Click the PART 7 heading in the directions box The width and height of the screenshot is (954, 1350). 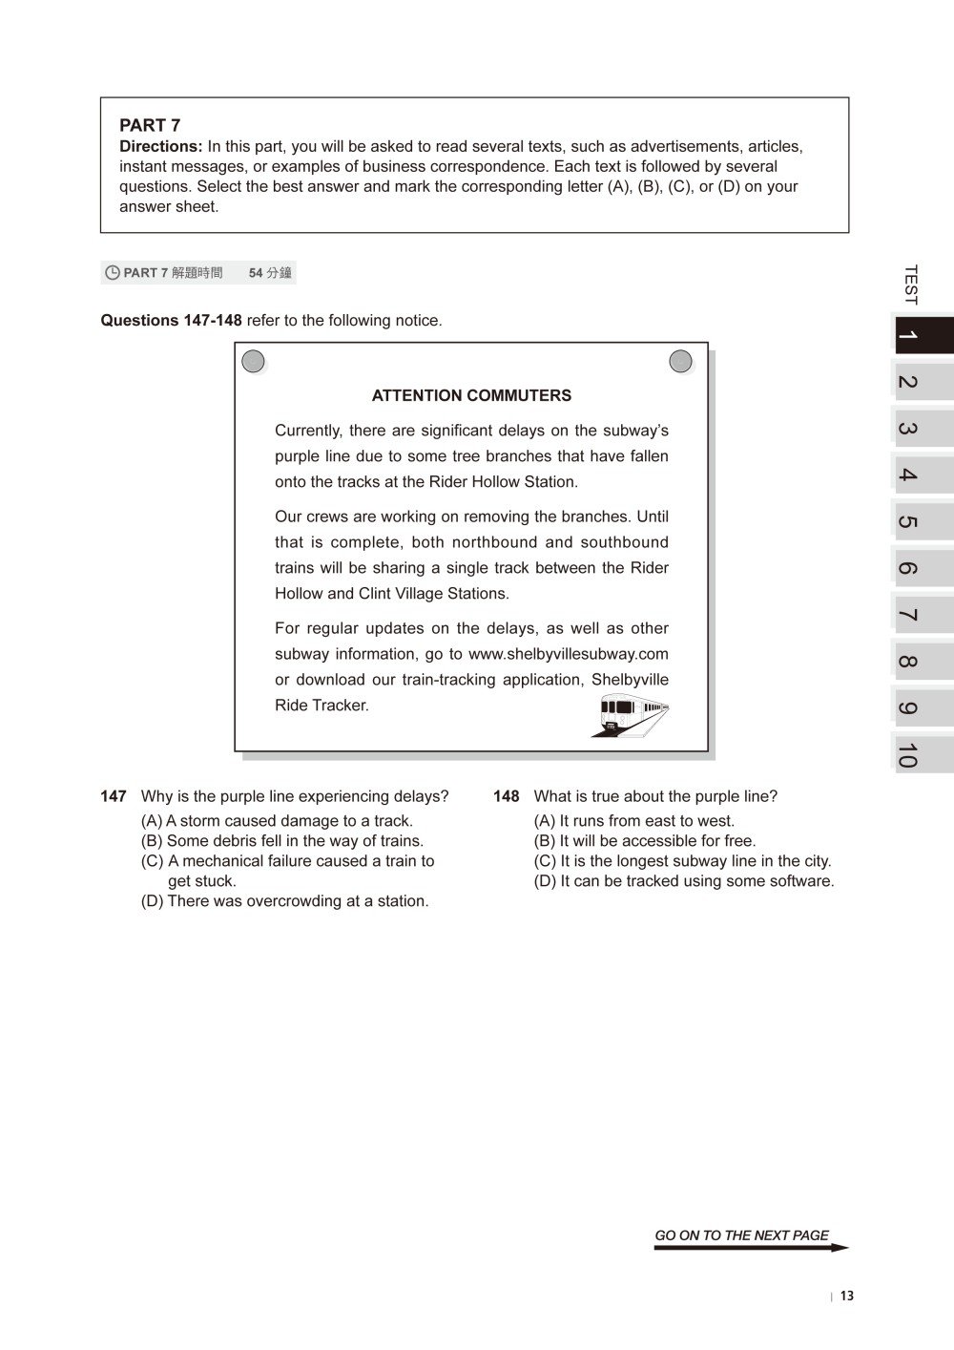(x=150, y=125)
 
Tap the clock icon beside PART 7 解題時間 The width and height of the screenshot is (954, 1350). (x=113, y=273)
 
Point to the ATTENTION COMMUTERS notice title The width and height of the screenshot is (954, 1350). (x=471, y=395)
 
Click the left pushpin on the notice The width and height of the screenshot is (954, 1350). (x=253, y=361)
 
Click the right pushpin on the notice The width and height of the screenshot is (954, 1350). (x=680, y=361)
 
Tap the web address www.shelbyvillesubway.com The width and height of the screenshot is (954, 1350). (x=568, y=654)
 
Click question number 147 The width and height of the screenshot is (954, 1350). (x=114, y=796)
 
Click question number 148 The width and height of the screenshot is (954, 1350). (x=507, y=796)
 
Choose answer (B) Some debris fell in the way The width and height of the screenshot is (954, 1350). (x=282, y=841)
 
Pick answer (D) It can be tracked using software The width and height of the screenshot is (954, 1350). (x=684, y=881)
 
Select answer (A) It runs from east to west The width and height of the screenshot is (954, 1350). (x=634, y=821)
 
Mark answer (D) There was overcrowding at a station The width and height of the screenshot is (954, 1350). (x=285, y=901)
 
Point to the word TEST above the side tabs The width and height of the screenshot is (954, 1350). (x=910, y=285)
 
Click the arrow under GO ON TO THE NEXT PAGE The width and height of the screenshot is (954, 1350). (x=751, y=1248)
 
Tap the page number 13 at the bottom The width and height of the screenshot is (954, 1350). (x=847, y=1297)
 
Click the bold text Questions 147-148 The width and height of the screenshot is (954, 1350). (x=172, y=321)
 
